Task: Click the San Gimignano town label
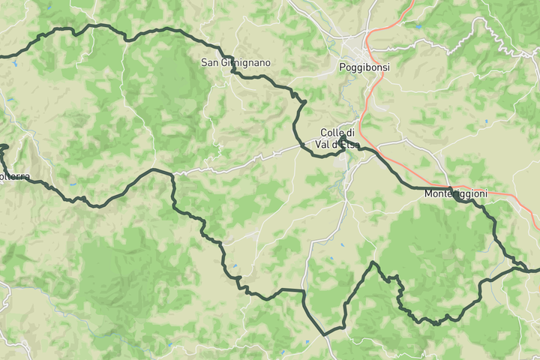point(235,63)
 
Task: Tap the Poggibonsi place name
point(364,67)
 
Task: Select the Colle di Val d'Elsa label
point(337,138)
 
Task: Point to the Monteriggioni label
point(455,193)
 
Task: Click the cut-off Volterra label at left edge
point(14,177)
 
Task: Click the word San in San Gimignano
point(209,63)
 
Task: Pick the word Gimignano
point(245,63)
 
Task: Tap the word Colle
point(331,133)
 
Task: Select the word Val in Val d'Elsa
point(324,143)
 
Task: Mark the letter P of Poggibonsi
point(342,67)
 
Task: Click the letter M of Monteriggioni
point(427,193)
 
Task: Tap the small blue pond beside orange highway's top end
point(418,26)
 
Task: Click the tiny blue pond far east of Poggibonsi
point(486,121)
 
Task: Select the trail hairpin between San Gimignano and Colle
point(303,101)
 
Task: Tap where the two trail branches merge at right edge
point(517,267)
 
